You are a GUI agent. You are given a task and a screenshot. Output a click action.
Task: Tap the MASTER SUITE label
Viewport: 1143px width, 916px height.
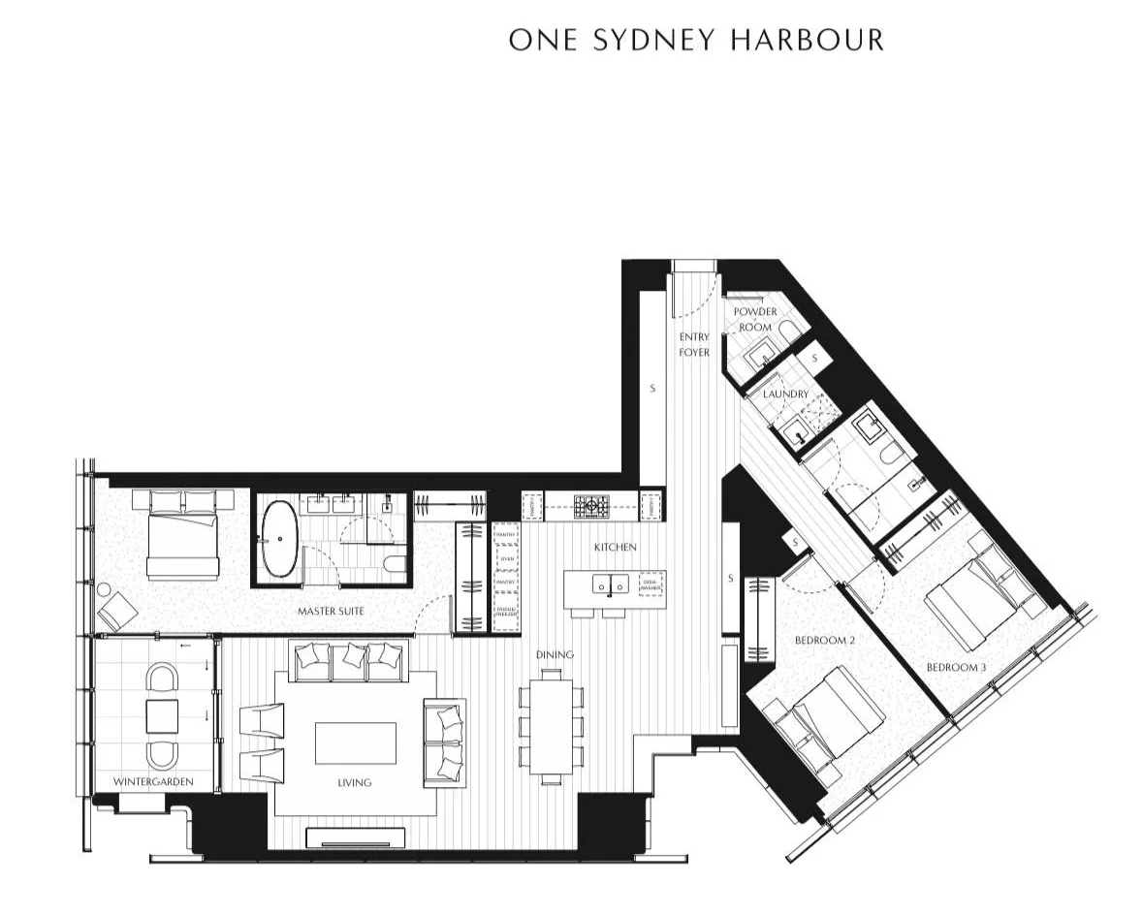(331, 612)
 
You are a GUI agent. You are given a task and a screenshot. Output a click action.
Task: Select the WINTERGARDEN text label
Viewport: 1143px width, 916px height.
(152, 781)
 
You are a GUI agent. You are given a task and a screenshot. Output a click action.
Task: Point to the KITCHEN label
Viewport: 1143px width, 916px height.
(616, 548)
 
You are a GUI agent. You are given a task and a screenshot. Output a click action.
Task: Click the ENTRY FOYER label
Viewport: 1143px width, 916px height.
(694, 344)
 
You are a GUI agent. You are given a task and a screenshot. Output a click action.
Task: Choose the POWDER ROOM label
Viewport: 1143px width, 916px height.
(754, 319)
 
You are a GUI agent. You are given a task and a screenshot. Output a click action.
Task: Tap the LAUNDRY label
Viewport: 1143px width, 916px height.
(784, 395)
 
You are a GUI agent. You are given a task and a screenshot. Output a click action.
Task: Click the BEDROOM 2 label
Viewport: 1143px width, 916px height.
(824, 640)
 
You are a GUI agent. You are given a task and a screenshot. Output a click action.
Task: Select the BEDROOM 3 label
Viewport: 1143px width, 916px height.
(956, 667)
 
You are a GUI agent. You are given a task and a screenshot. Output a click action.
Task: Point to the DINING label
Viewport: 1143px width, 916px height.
(555, 654)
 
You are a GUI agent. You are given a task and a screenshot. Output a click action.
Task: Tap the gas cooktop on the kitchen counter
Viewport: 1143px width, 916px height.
(589, 505)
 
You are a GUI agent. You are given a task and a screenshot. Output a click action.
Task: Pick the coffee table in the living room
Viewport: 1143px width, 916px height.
(355, 742)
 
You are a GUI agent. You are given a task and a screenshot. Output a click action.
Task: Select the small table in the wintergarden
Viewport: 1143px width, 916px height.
(162, 716)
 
